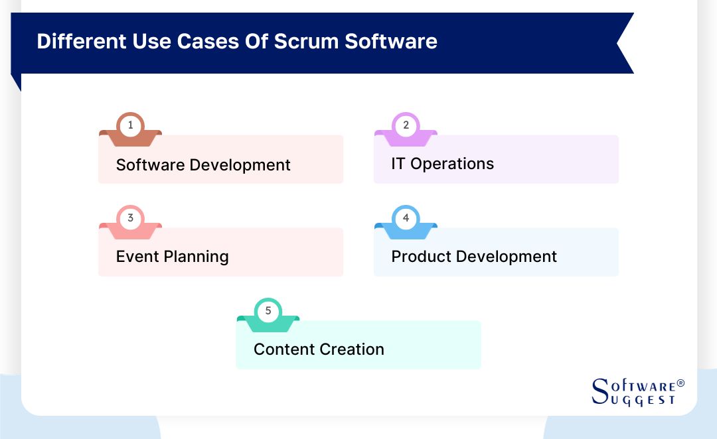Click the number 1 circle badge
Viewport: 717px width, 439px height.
[130, 125]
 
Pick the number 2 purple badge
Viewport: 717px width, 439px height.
[406, 125]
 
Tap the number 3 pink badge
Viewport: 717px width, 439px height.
[130, 218]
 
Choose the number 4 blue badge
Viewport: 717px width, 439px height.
[406, 218]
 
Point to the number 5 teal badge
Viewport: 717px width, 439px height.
[268, 311]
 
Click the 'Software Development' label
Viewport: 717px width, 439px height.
[203, 164]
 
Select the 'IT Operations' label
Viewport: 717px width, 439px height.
[442, 164]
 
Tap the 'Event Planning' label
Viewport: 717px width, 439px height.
[172, 257]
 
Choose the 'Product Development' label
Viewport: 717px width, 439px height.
[474, 257]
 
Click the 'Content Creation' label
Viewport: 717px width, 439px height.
[319, 349]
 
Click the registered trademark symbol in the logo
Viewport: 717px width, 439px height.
[680, 384]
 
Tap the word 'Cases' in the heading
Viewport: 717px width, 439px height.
[205, 41]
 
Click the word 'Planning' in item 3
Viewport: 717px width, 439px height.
[198, 257]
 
